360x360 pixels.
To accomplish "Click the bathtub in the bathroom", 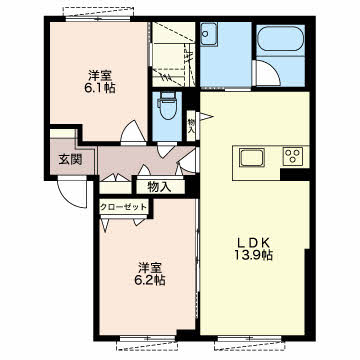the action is tap(281, 39).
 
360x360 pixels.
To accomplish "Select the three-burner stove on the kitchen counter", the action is tap(293, 156).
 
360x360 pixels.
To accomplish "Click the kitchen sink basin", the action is tap(252, 157).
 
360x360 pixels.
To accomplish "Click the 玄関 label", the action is tap(70, 160).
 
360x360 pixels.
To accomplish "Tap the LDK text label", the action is tap(255, 242).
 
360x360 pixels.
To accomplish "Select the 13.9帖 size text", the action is tap(253, 255).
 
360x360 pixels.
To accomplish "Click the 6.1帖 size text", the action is tap(100, 88).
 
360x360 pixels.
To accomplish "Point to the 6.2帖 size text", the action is tap(148, 280).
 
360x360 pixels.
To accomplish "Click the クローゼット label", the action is tap(123, 207).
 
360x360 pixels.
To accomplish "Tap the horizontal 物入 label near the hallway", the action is tap(159, 187).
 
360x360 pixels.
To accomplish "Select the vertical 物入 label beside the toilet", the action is tap(191, 126).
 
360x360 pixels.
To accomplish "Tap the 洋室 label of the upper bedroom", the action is tap(100, 75).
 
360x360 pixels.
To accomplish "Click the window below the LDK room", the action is tap(250, 339).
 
